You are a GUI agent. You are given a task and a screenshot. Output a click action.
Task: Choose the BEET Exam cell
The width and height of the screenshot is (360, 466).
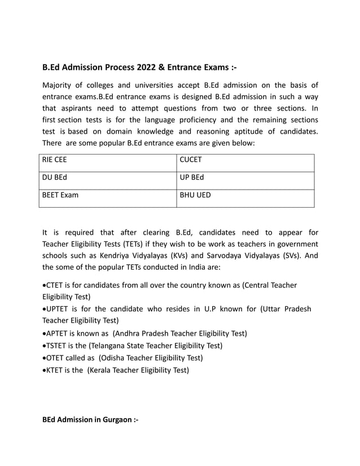coord(107,198)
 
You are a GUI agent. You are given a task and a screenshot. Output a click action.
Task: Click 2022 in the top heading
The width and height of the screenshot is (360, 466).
coord(147,68)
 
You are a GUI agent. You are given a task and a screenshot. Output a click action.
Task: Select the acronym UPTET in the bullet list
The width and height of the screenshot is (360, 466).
coord(60,309)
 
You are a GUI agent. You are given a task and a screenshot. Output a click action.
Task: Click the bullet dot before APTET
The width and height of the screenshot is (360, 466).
coord(45,333)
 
